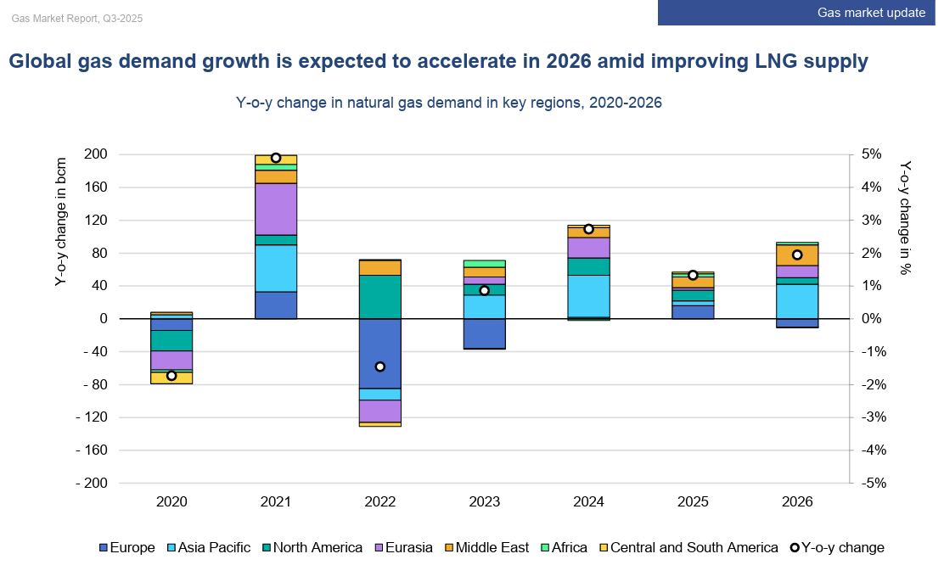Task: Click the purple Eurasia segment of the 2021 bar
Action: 276,209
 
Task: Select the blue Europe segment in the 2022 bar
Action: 380,353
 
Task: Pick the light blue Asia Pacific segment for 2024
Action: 588,296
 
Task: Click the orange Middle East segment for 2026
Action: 796,255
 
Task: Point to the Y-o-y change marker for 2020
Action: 171,376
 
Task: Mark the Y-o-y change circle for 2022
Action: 380,366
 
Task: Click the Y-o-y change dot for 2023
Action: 484,290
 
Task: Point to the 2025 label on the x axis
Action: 693,501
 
